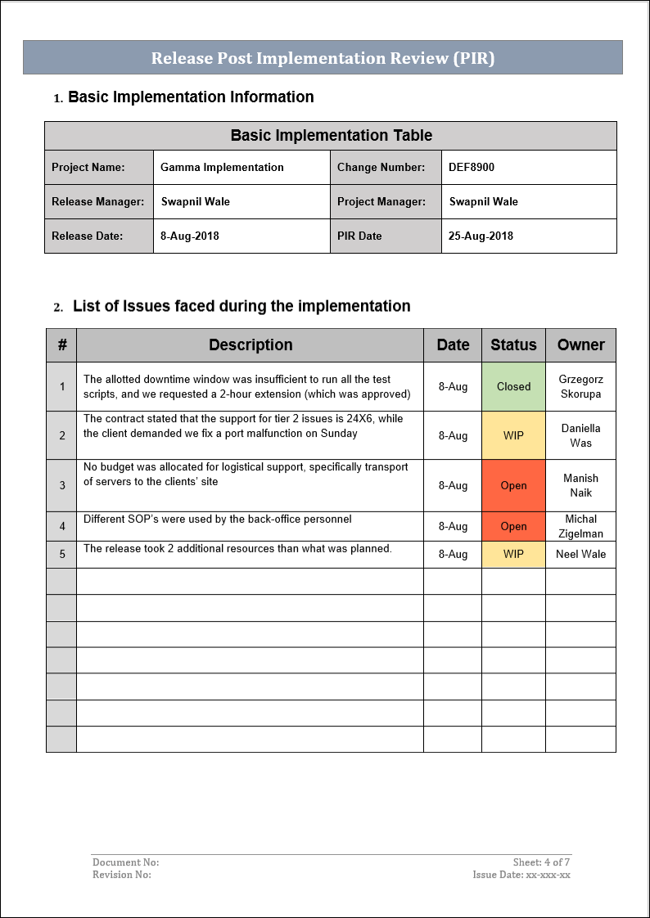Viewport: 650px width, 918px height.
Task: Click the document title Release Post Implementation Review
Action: pyautogui.click(x=323, y=58)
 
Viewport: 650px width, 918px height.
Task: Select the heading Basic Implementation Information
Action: pyautogui.click(x=191, y=97)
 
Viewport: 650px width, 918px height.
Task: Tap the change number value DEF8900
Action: pyautogui.click(x=472, y=168)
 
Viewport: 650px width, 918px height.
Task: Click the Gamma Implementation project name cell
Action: pyautogui.click(x=222, y=168)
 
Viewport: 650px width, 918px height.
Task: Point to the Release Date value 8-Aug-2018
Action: pyautogui.click(x=190, y=236)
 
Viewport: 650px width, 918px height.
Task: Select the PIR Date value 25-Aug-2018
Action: pyautogui.click(x=481, y=236)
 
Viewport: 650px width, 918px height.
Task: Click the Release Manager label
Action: pyautogui.click(x=97, y=202)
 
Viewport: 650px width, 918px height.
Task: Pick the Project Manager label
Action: pyautogui.click(x=381, y=202)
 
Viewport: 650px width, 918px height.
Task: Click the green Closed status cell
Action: pyautogui.click(x=513, y=387)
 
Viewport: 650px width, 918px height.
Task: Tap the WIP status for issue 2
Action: pyautogui.click(x=513, y=435)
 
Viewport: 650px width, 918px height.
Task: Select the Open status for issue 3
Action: pyautogui.click(x=513, y=486)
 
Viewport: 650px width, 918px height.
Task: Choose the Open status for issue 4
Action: pyautogui.click(x=513, y=527)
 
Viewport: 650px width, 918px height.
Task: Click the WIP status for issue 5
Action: pyautogui.click(x=513, y=555)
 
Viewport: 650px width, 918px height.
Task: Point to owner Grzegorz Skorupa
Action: pyautogui.click(x=580, y=387)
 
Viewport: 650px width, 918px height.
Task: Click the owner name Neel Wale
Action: pyautogui.click(x=580, y=555)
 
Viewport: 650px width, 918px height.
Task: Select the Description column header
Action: pyautogui.click(x=251, y=345)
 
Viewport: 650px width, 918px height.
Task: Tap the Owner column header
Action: pyautogui.click(x=580, y=345)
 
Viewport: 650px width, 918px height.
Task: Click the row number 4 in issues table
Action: pyautogui.click(x=62, y=527)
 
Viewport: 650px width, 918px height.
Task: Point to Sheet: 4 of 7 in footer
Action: pyautogui.click(x=541, y=862)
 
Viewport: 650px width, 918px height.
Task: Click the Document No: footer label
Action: pyautogui.click(x=125, y=862)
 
